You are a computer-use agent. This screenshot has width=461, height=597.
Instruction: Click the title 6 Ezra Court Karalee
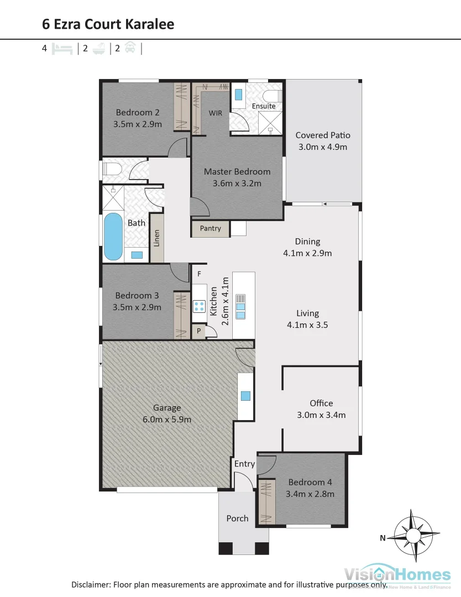(x=108, y=24)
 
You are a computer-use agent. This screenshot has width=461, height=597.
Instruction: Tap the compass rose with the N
(x=413, y=535)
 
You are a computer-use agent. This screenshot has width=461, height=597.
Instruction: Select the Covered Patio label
(x=323, y=135)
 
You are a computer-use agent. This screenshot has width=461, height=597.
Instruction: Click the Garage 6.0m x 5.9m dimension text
(x=167, y=420)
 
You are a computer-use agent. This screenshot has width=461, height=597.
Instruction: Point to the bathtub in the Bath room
(x=113, y=237)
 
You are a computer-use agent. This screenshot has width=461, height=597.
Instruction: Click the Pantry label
(x=210, y=228)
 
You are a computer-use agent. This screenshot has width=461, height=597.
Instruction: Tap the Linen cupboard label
(x=157, y=245)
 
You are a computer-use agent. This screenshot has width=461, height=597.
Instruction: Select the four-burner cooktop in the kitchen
(x=199, y=306)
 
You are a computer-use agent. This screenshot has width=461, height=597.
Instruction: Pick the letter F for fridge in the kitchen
(x=199, y=274)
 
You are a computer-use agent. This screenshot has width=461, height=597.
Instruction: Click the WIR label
(x=215, y=113)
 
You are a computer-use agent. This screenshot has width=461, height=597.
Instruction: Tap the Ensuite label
(x=263, y=106)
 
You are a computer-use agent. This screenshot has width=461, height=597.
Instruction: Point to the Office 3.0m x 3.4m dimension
(x=321, y=415)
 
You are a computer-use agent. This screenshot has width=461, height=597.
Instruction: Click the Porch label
(x=237, y=519)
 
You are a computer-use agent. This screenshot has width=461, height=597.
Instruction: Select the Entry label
(x=244, y=464)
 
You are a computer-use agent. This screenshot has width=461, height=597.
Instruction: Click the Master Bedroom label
(x=237, y=171)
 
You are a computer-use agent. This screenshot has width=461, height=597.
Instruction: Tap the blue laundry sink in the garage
(x=245, y=396)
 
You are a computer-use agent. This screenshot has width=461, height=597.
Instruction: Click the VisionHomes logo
(x=397, y=574)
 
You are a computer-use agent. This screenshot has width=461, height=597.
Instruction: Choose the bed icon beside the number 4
(x=62, y=49)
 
